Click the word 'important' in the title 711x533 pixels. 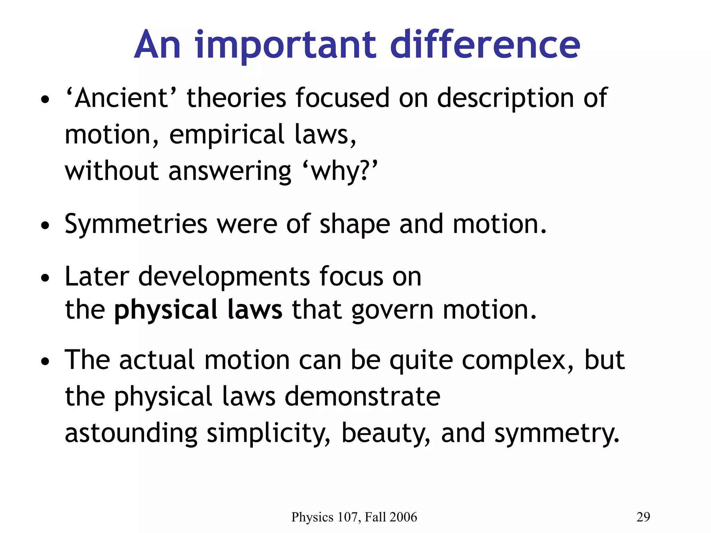tap(285, 45)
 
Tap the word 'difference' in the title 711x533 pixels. tap(485, 45)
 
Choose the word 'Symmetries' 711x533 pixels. tap(136, 225)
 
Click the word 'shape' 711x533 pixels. tap(354, 225)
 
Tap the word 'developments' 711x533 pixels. tap(224, 277)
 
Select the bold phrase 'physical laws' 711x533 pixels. tap(198, 310)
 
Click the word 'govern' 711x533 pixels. tap(392, 310)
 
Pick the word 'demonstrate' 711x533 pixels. tap(362, 396)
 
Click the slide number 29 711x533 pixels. tap(643, 517)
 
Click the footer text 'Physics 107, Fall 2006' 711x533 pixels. tap(354, 517)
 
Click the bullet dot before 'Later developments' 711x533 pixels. tap(45, 278)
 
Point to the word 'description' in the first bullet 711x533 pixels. tap(505, 99)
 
